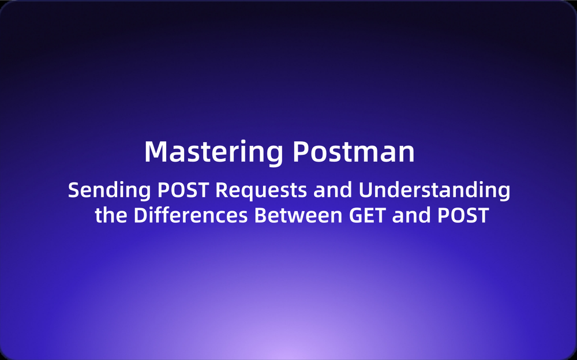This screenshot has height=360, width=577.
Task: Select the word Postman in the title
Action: (354, 151)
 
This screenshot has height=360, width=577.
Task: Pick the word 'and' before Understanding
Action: (333, 190)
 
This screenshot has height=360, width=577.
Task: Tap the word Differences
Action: (190, 215)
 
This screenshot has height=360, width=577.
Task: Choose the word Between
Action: (298, 215)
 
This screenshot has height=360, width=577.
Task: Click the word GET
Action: (367, 215)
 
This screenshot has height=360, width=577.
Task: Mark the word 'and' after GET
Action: (411, 215)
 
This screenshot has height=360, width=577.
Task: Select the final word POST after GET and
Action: (463, 215)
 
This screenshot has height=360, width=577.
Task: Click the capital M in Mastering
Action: (154, 151)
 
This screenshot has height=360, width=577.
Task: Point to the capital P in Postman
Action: (301, 151)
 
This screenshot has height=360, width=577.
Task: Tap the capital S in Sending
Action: (74, 190)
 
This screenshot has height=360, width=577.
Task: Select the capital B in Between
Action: (261, 215)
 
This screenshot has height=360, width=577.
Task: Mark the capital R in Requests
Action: (222, 190)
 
